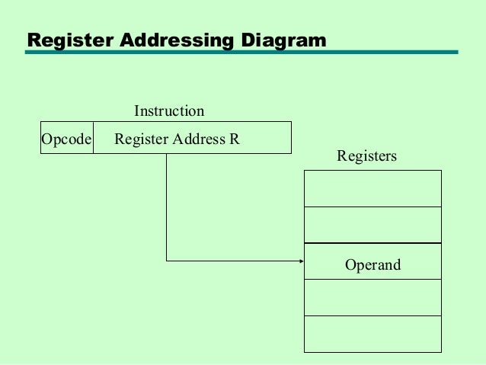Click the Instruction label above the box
[x=169, y=111]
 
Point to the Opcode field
[x=66, y=139]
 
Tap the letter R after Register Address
[x=235, y=139]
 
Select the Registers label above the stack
[x=366, y=156]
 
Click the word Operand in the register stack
[x=372, y=265]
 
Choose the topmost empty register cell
[x=372, y=188]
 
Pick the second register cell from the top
[x=372, y=225]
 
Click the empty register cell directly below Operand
[x=372, y=297]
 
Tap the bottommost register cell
[x=372, y=334]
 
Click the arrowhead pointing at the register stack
[x=301, y=261]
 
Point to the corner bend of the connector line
[x=167, y=261]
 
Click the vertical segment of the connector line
[x=167, y=206]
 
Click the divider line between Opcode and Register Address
[x=94, y=138]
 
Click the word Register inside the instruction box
[x=141, y=139]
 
